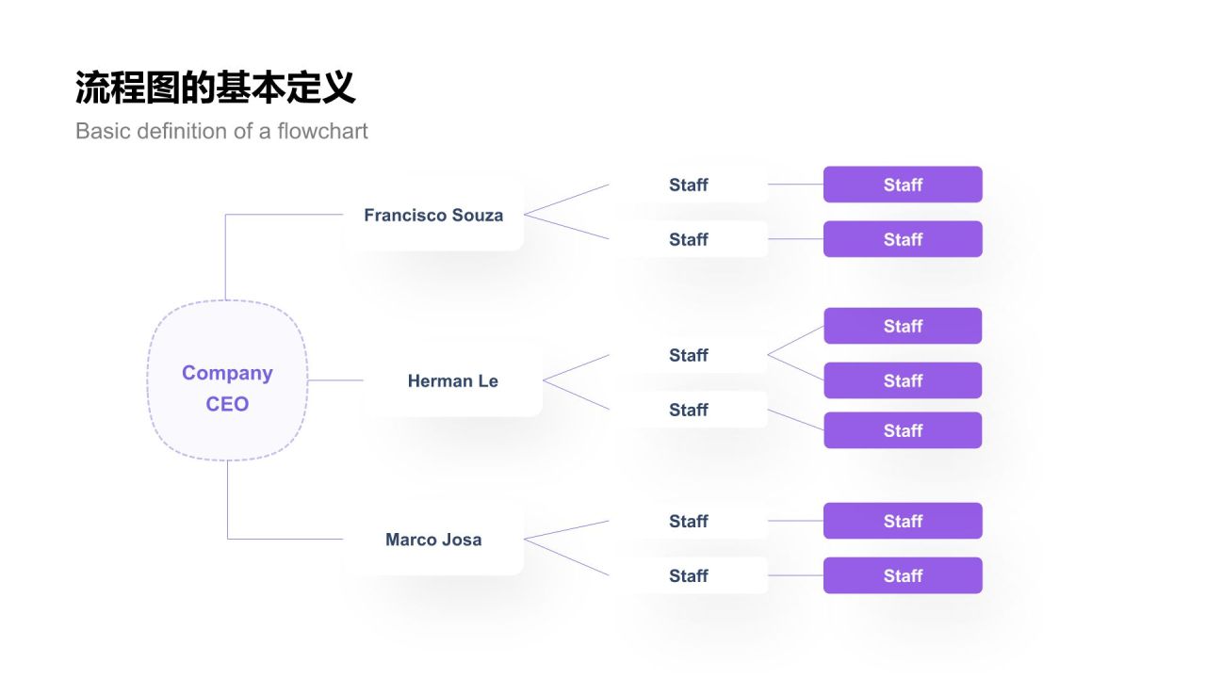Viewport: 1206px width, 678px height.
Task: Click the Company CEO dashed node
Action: click(227, 380)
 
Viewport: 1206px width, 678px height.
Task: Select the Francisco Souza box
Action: click(433, 215)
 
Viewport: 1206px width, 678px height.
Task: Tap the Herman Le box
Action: click(452, 380)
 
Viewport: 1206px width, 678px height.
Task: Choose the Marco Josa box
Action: click(433, 540)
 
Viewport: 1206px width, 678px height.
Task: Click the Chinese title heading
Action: click(215, 88)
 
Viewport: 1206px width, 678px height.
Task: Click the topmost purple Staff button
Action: click(903, 185)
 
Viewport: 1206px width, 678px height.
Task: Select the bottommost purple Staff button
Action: click(903, 575)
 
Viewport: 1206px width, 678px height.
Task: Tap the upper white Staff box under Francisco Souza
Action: click(689, 185)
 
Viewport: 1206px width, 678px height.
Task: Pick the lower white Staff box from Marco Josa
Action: click(689, 575)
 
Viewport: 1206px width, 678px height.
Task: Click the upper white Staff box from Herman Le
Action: click(689, 355)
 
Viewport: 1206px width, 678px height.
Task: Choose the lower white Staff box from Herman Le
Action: click(689, 410)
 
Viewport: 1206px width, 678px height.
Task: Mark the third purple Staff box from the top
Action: click(903, 326)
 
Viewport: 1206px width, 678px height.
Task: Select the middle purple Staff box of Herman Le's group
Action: click(903, 380)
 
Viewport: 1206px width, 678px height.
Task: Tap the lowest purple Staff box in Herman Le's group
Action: click(903, 430)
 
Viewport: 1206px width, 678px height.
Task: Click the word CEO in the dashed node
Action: click(227, 404)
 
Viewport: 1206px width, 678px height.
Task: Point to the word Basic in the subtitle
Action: click(103, 131)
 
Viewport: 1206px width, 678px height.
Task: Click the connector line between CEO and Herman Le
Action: click(335, 380)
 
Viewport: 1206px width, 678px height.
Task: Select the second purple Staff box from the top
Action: click(903, 239)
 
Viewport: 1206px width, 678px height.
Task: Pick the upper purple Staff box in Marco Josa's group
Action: click(903, 521)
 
